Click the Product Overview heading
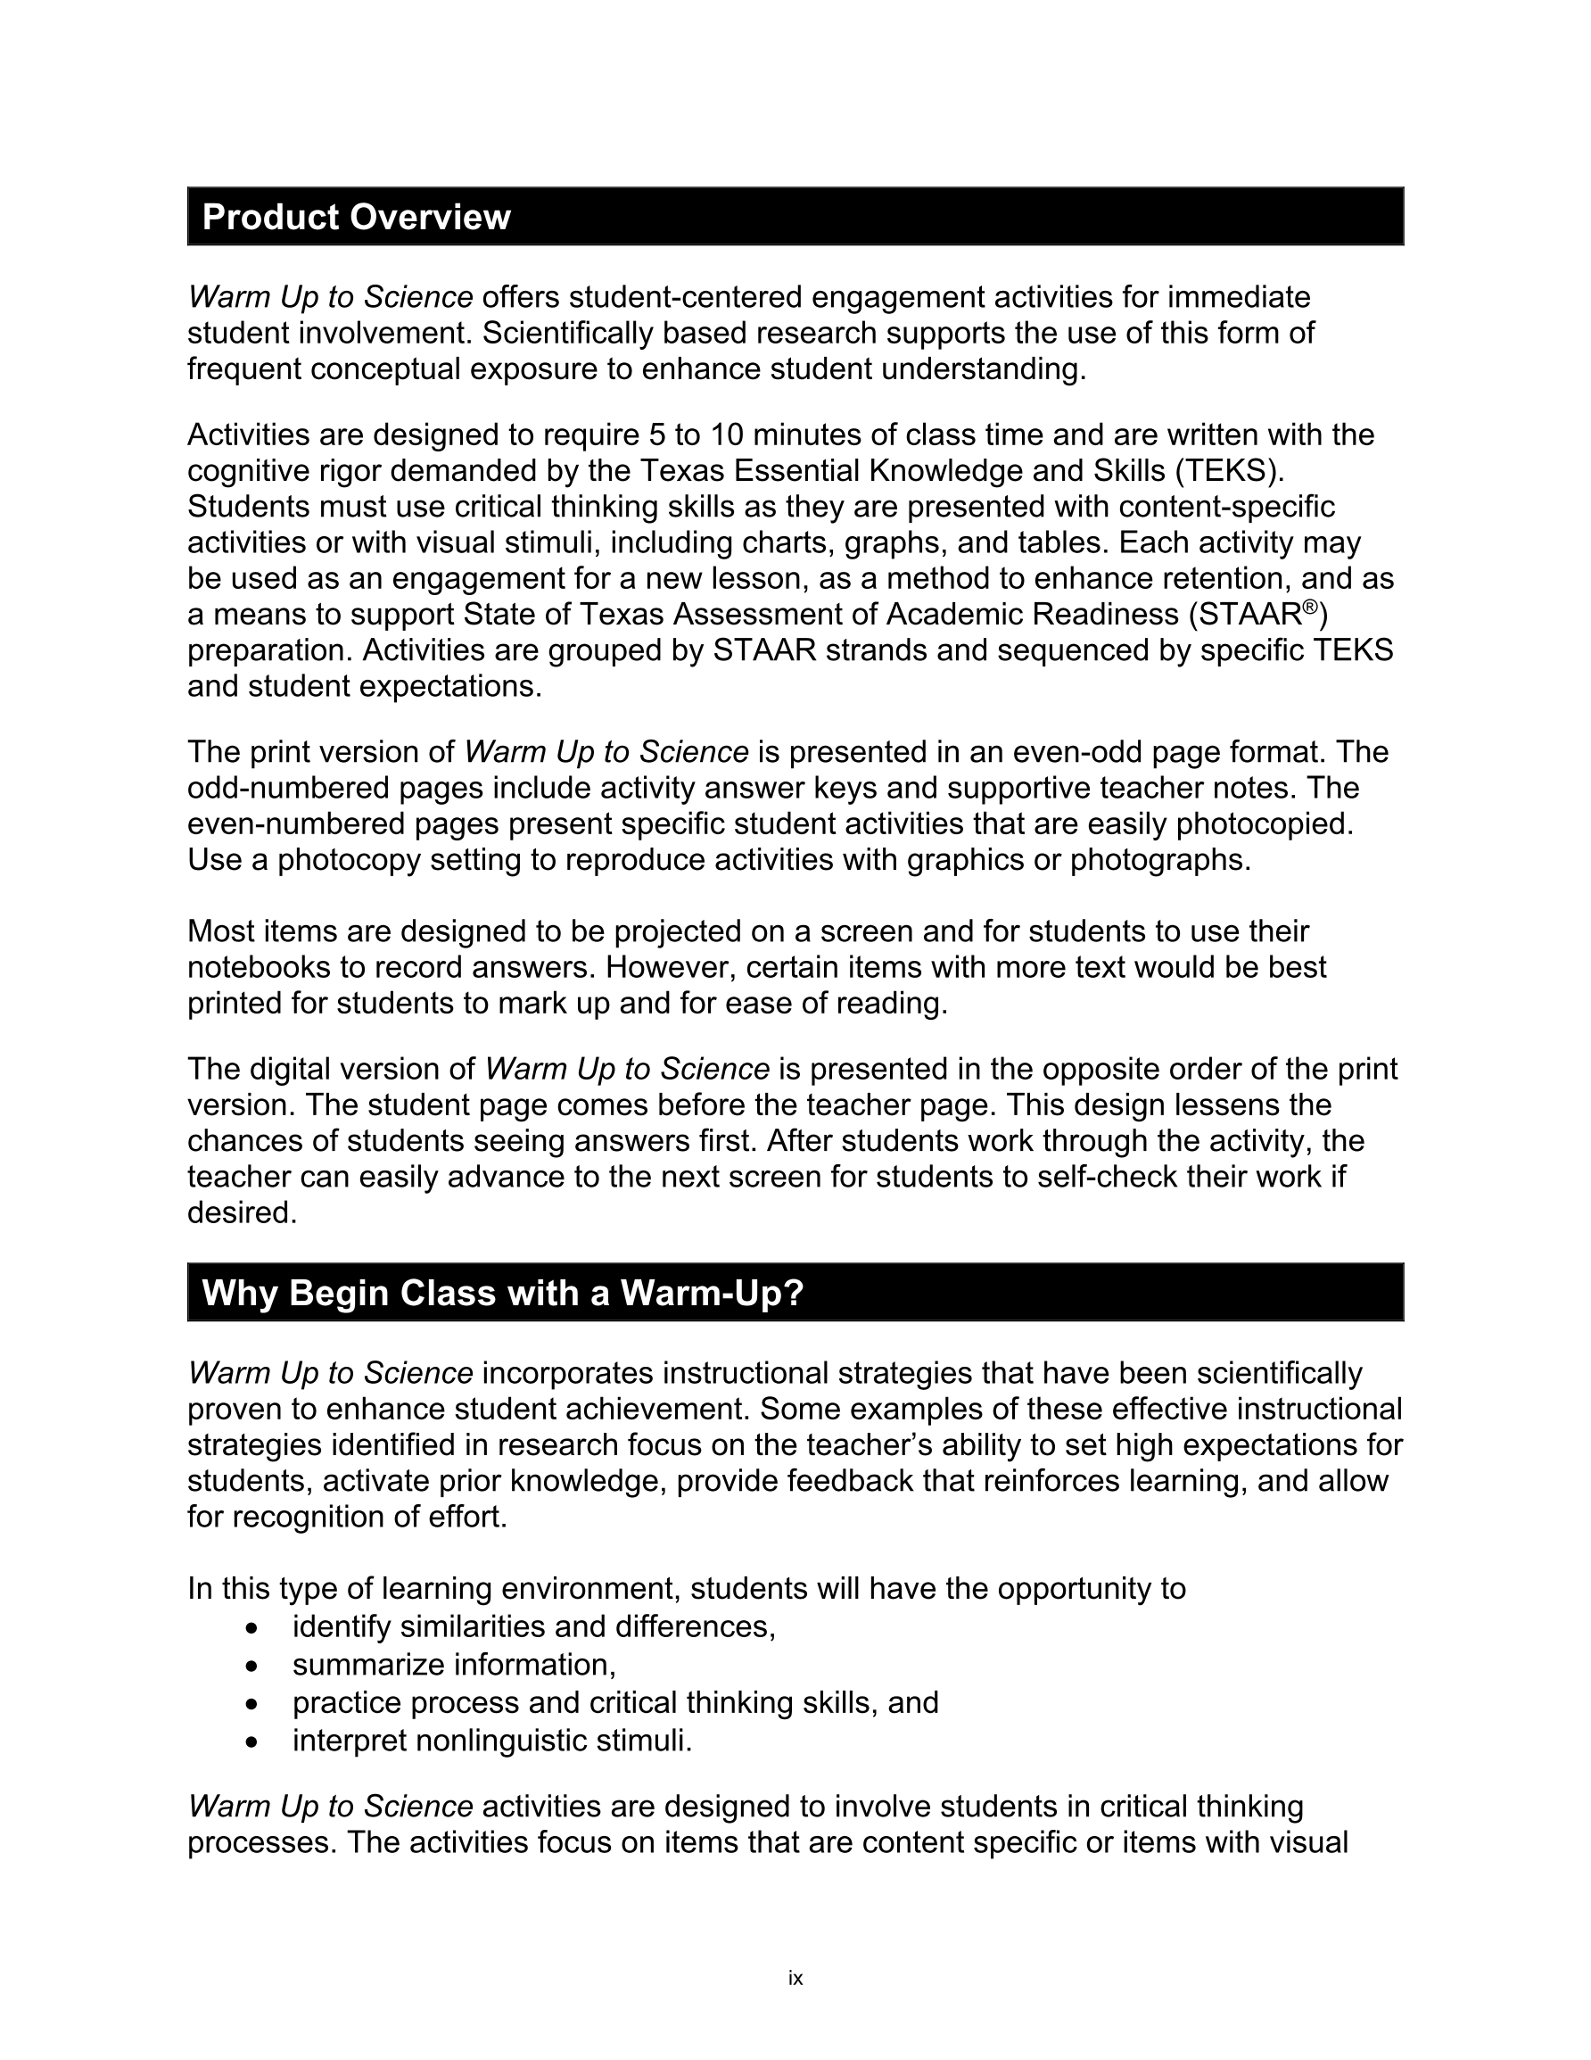point(357,217)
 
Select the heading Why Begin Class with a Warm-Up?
point(503,1292)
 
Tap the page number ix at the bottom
point(795,1978)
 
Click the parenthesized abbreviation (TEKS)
point(1230,471)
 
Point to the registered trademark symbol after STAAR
point(1309,607)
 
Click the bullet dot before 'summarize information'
point(251,1667)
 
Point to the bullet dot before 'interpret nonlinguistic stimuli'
point(251,1742)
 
